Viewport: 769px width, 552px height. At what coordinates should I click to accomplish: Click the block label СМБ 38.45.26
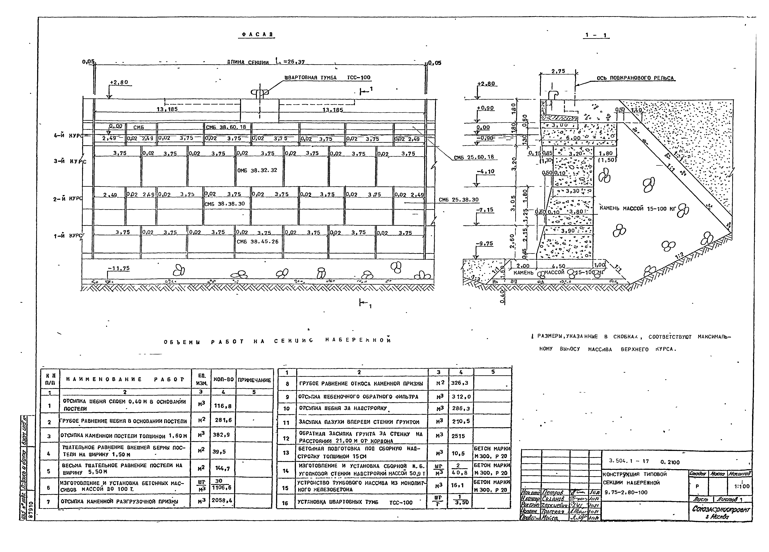click(x=257, y=242)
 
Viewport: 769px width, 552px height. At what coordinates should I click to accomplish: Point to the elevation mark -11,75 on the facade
click(x=119, y=268)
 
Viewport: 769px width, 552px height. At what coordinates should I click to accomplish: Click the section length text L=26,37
click(x=290, y=62)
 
